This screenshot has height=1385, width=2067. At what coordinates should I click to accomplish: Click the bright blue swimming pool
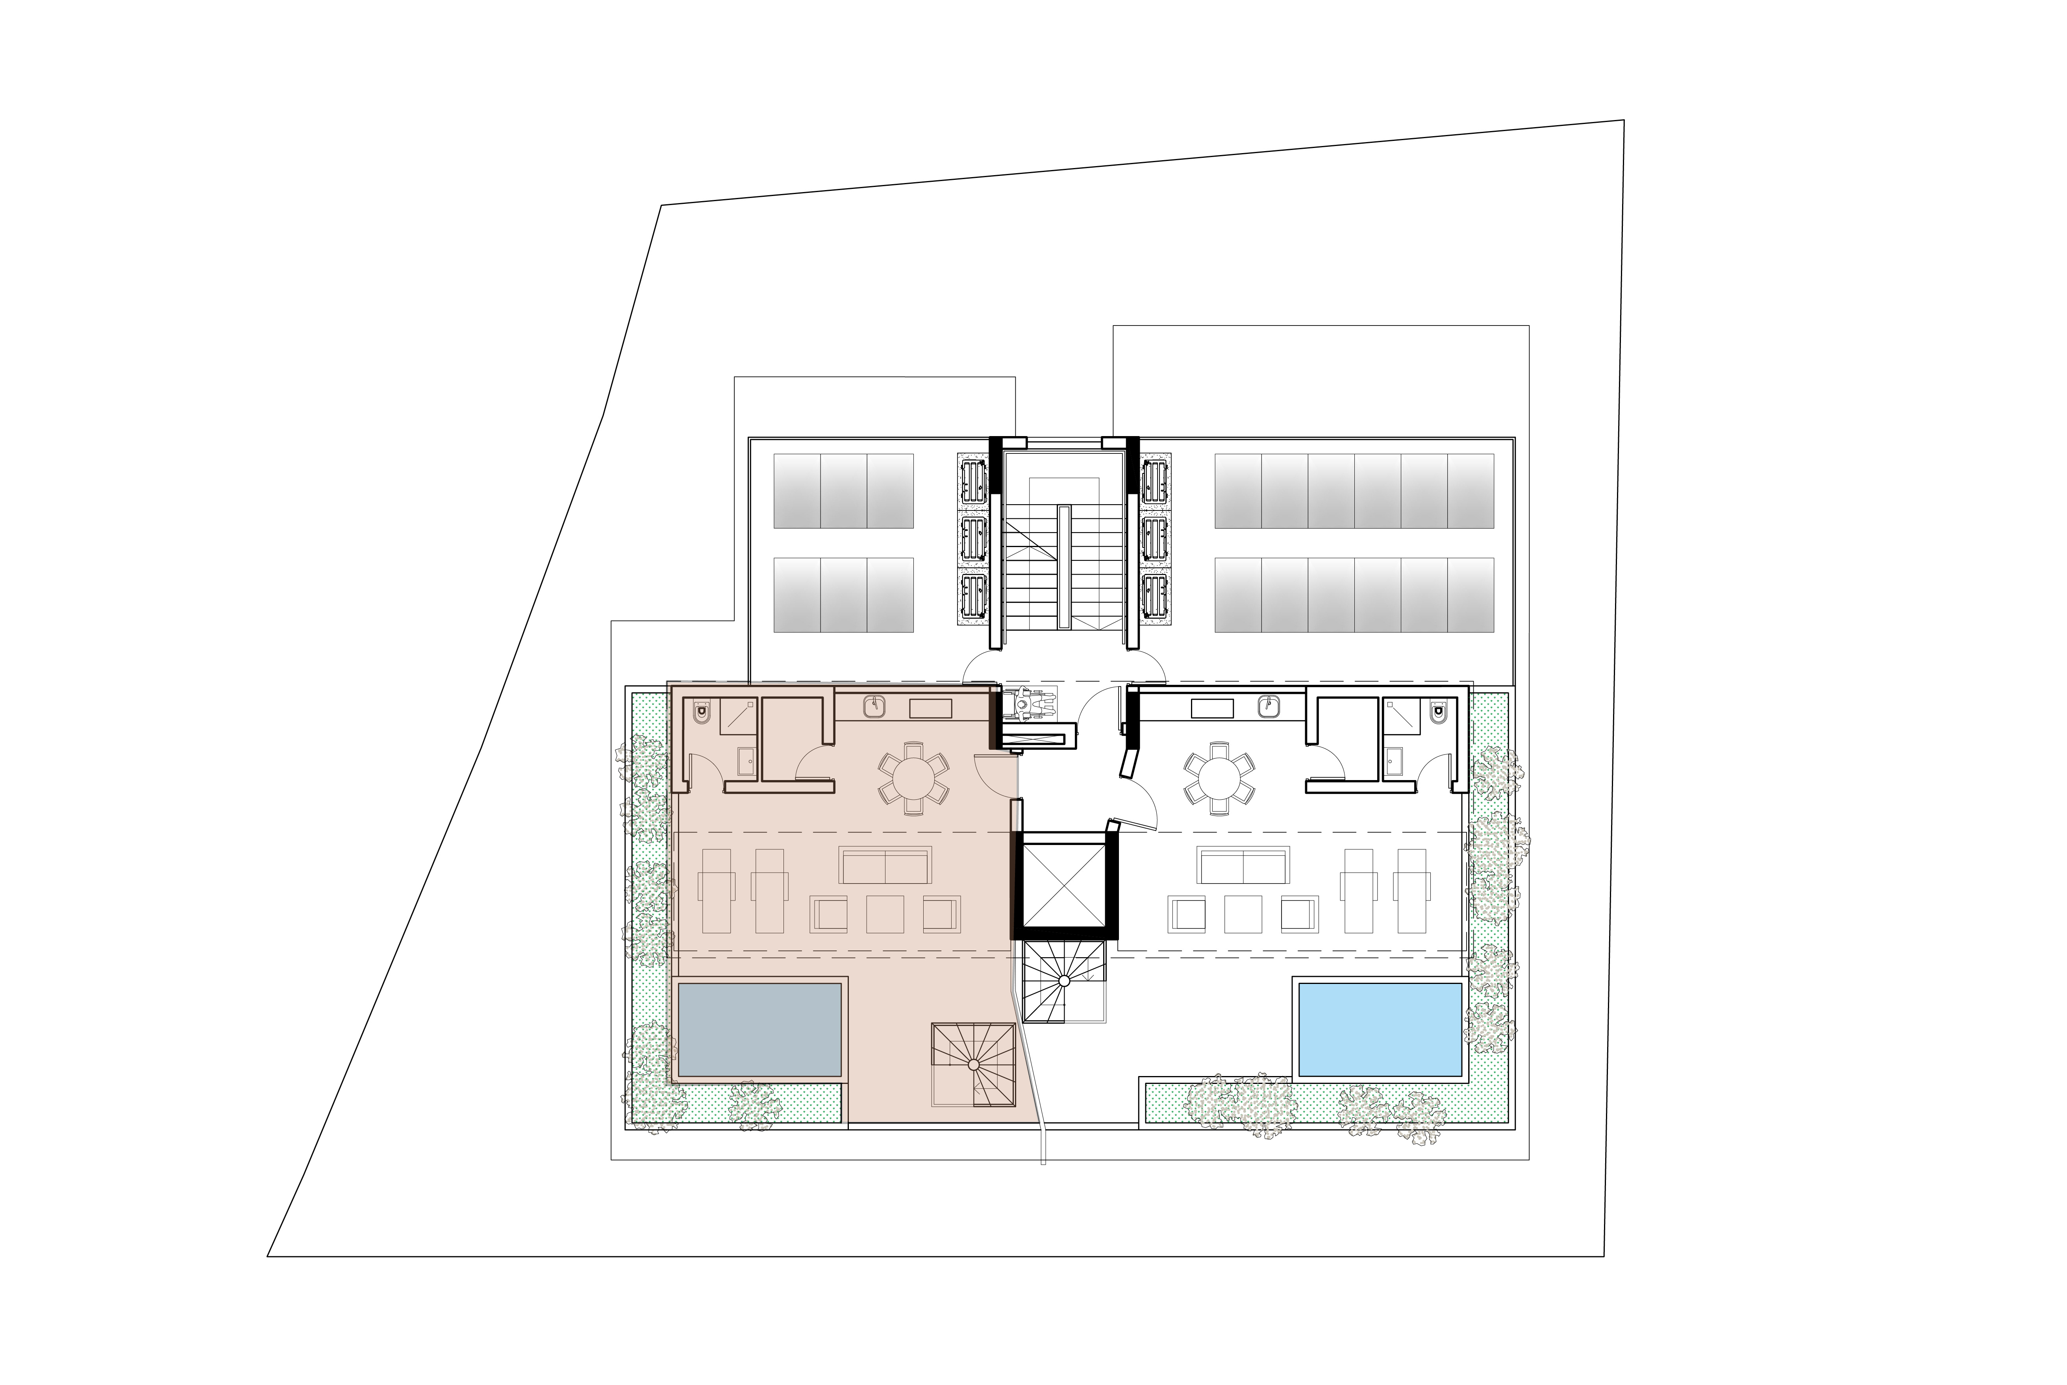[1380, 1029]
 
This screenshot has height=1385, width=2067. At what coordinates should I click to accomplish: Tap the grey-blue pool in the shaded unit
[759, 1029]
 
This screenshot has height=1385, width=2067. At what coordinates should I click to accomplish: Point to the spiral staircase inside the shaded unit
[973, 1064]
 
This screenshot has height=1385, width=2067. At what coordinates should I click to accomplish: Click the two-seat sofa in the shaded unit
[885, 865]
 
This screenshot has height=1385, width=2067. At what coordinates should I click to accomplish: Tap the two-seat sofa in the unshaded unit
[1243, 865]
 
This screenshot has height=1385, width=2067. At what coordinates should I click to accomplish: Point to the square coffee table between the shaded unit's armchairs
[884, 914]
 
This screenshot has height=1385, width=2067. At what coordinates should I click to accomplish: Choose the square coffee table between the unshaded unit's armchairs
[1243, 914]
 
